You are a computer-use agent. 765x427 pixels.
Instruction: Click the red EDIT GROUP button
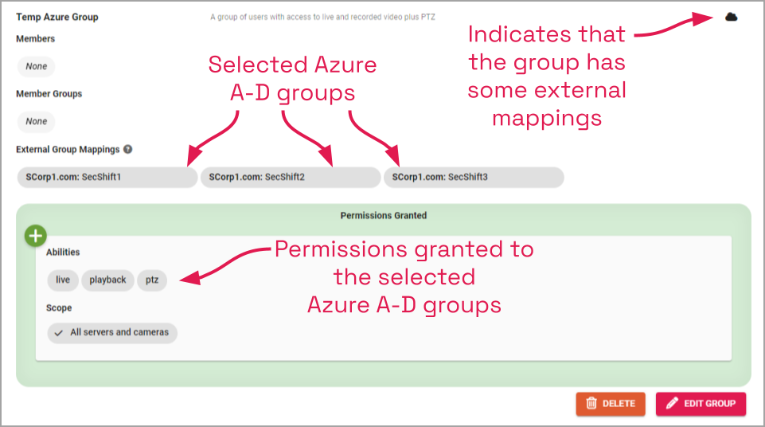click(701, 403)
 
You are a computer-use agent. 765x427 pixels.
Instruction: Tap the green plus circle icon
click(36, 236)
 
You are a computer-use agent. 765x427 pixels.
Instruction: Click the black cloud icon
click(731, 17)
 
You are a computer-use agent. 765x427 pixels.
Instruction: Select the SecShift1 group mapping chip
click(107, 177)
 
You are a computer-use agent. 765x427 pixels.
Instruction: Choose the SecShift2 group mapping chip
click(291, 177)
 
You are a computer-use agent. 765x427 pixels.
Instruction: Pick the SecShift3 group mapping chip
click(474, 177)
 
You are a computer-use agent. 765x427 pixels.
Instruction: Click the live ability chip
click(63, 280)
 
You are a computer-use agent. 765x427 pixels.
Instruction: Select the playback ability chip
click(107, 280)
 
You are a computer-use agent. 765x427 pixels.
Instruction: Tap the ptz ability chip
click(152, 280)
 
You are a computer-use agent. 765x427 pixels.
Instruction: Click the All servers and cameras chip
click(112, 332)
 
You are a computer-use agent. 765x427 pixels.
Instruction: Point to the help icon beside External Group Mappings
click(128, 149)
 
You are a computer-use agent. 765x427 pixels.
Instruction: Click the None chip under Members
click(37, 66)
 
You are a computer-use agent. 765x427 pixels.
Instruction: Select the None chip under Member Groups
click(37, 121)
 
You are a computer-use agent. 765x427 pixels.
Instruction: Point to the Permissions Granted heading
click(383, 215)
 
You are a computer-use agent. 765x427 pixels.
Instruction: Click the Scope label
click(59, 308)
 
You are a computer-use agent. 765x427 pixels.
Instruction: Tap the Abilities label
click(63, 253)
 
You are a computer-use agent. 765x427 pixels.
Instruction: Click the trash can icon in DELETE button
click(591, 403)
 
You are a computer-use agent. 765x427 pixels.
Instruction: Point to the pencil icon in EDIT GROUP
click(672, 403)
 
